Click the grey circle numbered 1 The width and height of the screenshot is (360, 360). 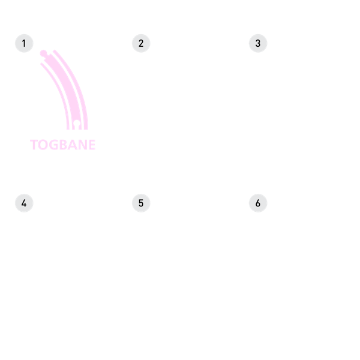pos(24,43)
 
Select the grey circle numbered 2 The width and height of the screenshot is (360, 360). pos(141,43)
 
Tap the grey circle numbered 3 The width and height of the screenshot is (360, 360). pos(258,43)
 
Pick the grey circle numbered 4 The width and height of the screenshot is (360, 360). pos(24,203)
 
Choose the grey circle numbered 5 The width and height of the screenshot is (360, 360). pos(141,203)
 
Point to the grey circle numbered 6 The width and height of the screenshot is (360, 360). pos(258,203)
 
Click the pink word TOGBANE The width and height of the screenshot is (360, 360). pos(62,145)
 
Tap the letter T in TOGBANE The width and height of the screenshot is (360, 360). pos(34,145)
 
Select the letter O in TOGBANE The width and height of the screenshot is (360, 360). pos(43,145)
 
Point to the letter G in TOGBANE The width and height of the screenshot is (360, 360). pos(52,145)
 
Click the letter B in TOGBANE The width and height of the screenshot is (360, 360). pos(62,145)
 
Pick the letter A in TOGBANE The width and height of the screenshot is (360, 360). pos(71,145)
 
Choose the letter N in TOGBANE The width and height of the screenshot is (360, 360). pos(82,145)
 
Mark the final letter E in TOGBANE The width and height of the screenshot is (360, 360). pos(92,145)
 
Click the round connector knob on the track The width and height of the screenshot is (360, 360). pos(43,53)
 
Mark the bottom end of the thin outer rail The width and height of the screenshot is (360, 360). pos(86,130)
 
